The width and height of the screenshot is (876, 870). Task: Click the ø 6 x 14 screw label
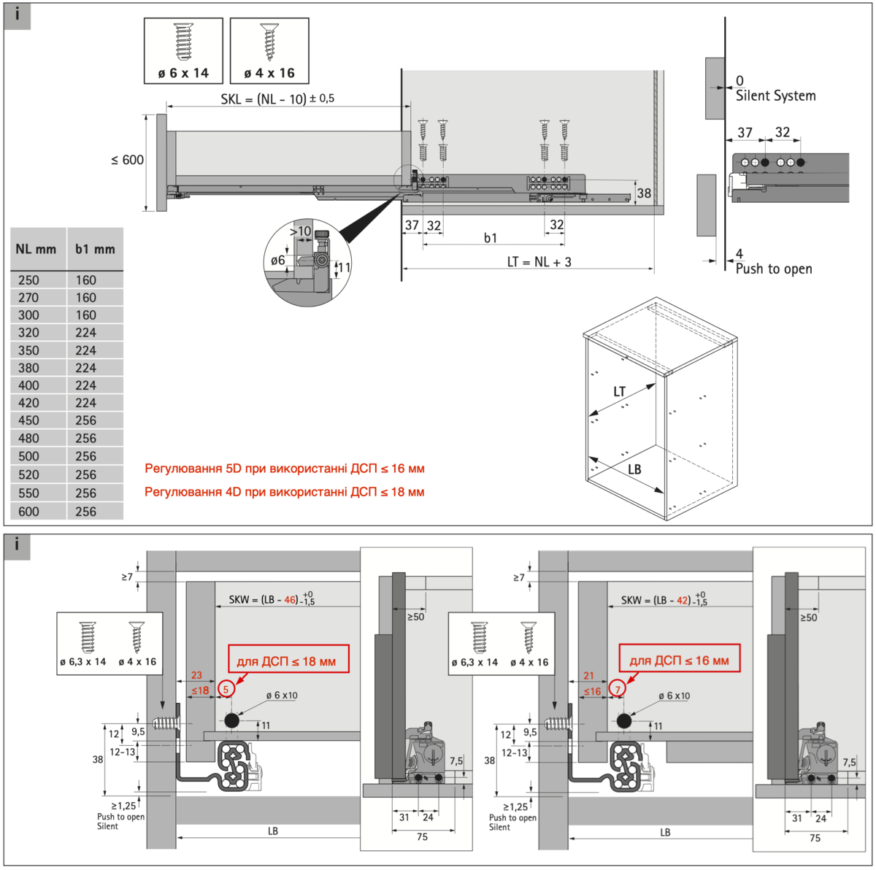pos(183,73)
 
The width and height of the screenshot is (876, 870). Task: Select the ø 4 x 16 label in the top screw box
pos(269,73)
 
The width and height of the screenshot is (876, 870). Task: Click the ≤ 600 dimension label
pos(127,160)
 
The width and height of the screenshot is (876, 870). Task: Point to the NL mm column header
pos(36,249)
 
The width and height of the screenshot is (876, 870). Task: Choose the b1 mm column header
pos(95,249)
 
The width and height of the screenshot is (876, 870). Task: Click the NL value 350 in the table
pos(29,350)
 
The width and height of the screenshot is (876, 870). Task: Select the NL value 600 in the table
pos(29,512)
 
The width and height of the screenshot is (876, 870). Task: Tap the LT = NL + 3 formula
pos(539,261)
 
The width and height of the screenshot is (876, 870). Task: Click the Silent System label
pos(775,96)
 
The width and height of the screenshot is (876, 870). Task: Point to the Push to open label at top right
pos(774,269)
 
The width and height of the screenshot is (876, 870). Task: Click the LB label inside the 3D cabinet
pos(634,469)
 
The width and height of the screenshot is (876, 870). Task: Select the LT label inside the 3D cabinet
pos(619,392)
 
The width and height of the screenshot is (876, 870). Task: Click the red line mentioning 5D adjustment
pos(284,469)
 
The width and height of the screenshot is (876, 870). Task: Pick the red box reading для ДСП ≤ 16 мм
pos(679,661)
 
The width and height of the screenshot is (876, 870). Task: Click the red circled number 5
pos(226,689)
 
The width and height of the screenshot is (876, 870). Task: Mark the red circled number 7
pos(618,689)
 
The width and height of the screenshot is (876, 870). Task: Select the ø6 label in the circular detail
pos(277,261)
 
